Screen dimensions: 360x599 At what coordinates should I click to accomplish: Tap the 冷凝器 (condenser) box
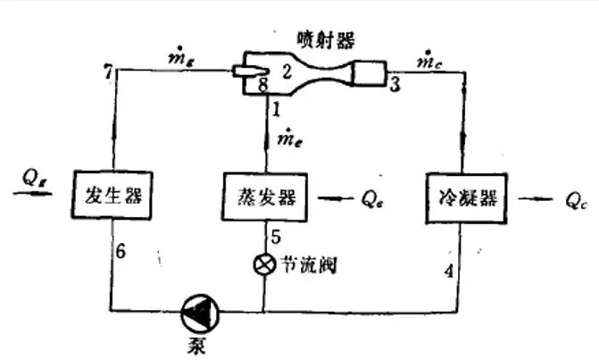click(x=461, y=195)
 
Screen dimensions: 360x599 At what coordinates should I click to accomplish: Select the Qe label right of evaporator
click(x=372, y=197)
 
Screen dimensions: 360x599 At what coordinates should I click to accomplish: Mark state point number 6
click(x=121, y=252)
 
